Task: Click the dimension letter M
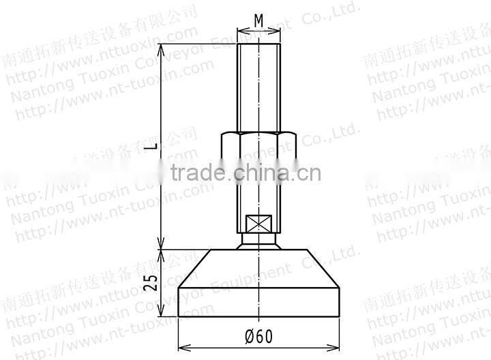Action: click(x=258, y=21)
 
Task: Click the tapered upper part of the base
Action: click(x=258, y=269)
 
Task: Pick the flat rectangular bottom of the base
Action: click(x=258, y=303)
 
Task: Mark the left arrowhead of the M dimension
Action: click(x=241, y=31)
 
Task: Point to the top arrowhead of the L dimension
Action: click(x=161, y=48)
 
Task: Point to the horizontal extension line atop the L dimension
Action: click(x=198, y=44)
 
